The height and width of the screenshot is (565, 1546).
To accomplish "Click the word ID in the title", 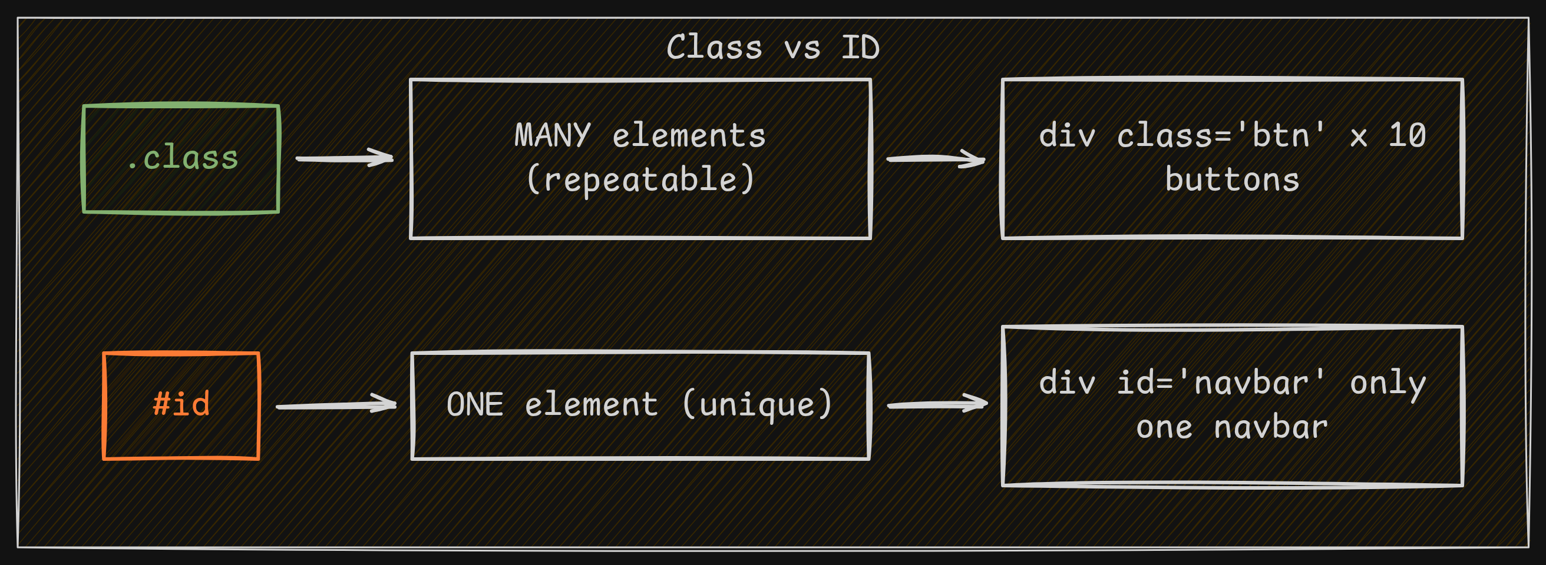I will point(860,48).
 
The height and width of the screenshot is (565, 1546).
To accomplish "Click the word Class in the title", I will point(713,48).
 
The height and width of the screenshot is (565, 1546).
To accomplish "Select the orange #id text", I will point(181,404).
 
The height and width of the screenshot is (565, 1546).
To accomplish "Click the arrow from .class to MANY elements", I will point(345,158).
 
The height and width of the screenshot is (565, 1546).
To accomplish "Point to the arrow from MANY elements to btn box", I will point(936,159).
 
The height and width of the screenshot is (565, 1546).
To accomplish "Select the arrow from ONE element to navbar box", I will point(937,404).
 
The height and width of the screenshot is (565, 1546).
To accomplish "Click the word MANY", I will point(552,135).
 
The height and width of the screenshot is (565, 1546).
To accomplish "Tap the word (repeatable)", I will point(640,180).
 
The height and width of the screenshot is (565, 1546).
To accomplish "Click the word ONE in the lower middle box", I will point(474,405).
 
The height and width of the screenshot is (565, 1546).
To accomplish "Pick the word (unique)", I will point(758,405).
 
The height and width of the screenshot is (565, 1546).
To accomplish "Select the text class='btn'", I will point(1221,135).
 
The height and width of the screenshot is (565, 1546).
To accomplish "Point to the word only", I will point(1387,384).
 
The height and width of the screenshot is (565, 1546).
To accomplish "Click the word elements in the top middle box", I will point(688,135).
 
